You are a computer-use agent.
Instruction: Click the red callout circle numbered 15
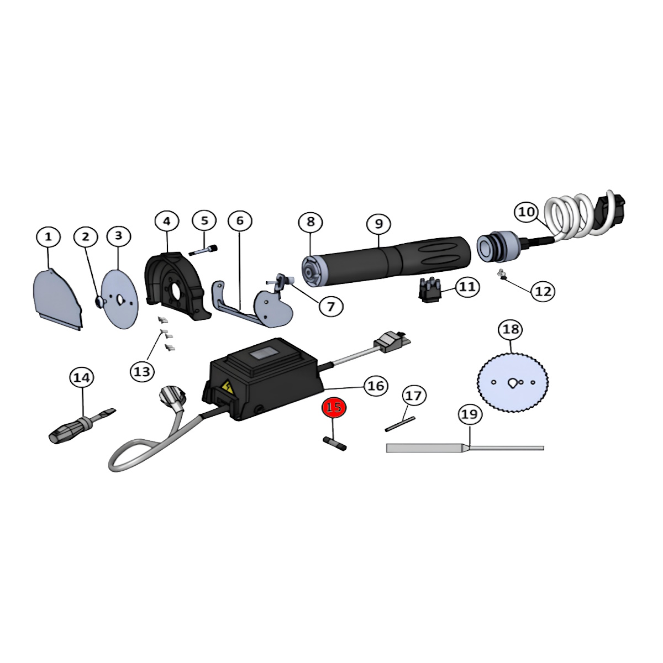tap(334, 408)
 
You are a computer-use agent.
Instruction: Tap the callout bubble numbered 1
tap(48, 236)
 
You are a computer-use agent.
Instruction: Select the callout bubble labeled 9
tap(379, 224)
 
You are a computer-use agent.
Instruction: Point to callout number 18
tap(511, 330)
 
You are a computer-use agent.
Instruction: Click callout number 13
tap(142, 372)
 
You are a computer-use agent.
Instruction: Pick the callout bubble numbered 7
tap(331, 306)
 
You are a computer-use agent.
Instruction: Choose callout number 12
tap(543, 291)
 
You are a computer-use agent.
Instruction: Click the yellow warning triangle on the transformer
tap(228, 387)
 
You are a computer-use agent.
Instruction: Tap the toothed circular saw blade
tap(513, 382)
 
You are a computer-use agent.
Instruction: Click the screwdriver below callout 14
tap(82, 426)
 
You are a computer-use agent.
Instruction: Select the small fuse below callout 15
tap(334, 443)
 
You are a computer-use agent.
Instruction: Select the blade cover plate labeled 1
tap(58, 299)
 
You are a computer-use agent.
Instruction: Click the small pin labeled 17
tap(400, 424)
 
